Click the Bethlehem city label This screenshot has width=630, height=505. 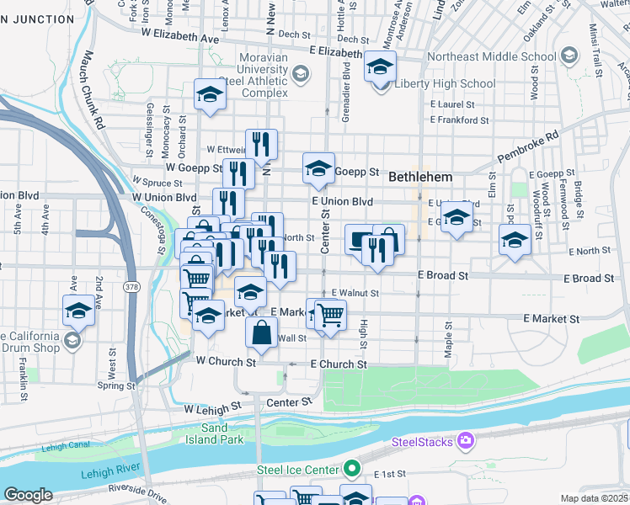(420, 178)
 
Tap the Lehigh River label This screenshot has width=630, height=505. (110, 473)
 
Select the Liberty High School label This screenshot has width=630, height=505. (445, 83)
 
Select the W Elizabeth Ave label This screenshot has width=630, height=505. (180, 37)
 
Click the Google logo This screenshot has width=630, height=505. (29, 495)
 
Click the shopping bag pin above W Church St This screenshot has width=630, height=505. (261, 332)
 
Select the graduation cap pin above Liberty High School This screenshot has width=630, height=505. (380, 66)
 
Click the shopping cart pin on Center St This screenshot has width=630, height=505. (330, 314)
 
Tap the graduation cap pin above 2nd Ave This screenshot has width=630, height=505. (79, 310)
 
